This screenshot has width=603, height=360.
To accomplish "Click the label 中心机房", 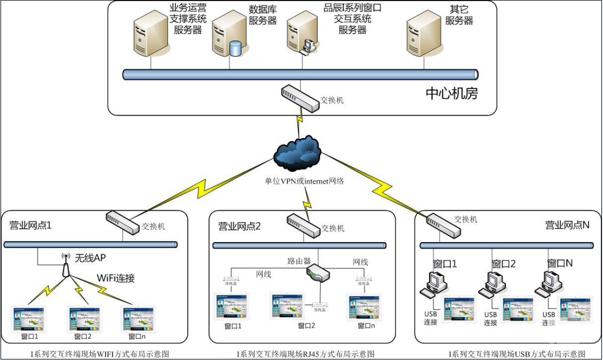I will [451, 94].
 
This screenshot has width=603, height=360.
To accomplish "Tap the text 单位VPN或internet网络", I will [305, 181].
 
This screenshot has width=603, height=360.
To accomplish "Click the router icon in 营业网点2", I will [319, 273].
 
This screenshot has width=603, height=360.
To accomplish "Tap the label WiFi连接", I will [116, 278].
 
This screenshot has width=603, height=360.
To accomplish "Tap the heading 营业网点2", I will [240, 226].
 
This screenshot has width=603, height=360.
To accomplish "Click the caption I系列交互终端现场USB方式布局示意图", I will [517, 354].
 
